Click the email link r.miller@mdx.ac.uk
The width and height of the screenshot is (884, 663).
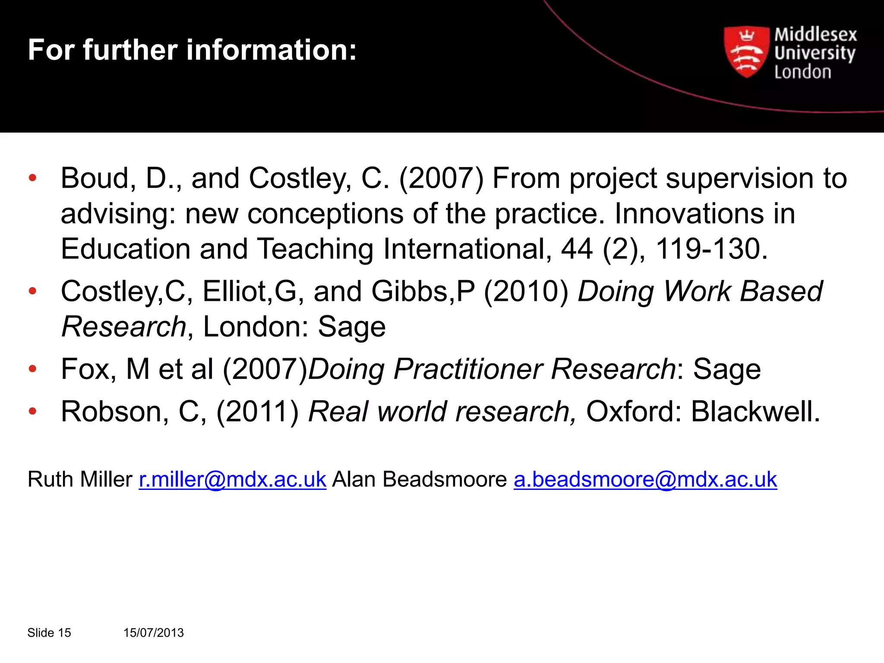(x=232, y=479)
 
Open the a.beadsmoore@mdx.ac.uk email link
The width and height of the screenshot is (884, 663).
(x=645, y=479)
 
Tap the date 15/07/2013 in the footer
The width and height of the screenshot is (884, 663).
(x=154, y=633)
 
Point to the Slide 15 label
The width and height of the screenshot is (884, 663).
(x=49, y=633)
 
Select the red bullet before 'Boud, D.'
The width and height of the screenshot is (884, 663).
(x=32, y=178)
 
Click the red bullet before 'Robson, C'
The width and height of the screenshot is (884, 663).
(x=32, y=411)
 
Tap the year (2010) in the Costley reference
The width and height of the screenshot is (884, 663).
(x=526, y=291)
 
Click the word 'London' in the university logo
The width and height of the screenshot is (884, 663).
(x=802, y=72)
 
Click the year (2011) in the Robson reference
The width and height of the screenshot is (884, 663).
(x=258, y=411)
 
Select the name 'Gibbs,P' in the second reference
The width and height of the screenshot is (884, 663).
(x=423, y=291)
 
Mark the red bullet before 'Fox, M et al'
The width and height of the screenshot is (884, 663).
(x=32, y=369)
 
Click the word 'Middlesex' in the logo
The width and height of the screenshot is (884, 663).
(x=815, y=35)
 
